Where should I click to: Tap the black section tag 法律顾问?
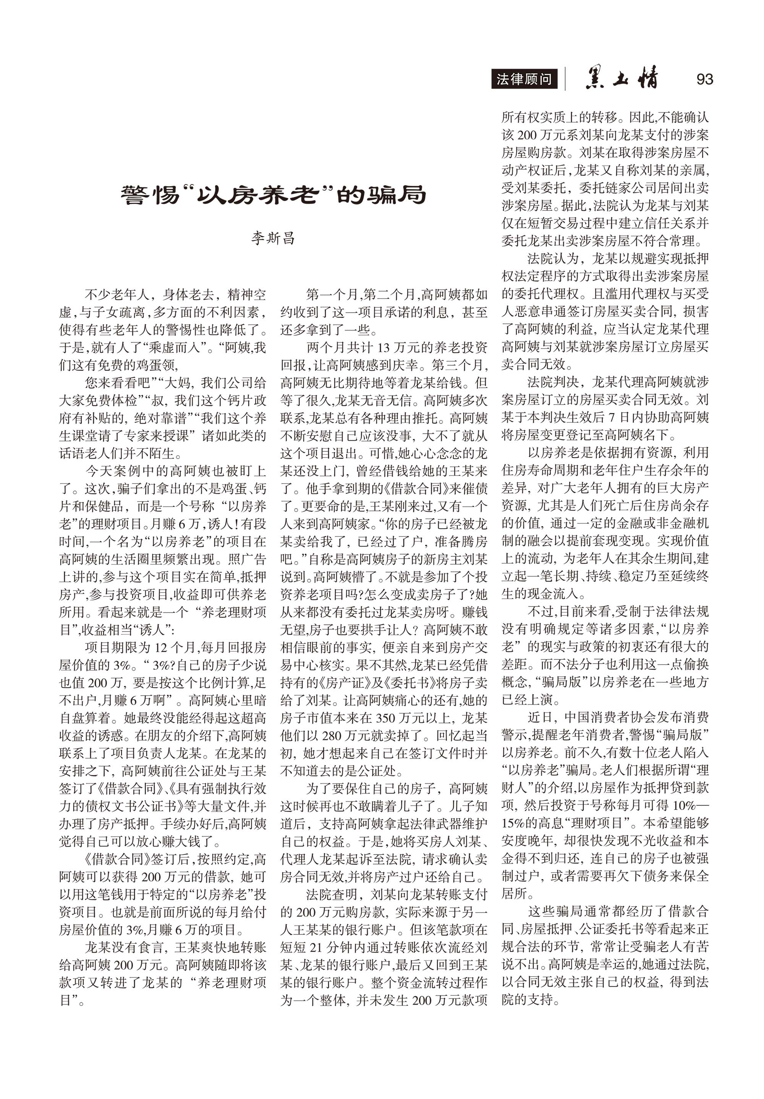click(x=524, y=80)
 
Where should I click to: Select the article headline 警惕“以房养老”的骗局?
click(x=273, y=195)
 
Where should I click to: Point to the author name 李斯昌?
click(x=273, y=238)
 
